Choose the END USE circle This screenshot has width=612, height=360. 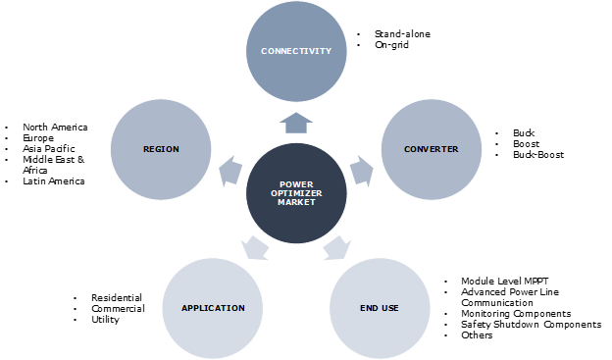(x=378, y=307)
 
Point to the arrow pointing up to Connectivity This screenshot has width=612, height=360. (x=297, y=122)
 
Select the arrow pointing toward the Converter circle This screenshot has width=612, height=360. (x=362, y=172)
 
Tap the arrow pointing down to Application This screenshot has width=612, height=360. (x=253, y=247)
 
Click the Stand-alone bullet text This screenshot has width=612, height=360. (x=401, y=34)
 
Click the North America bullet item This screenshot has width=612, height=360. (x=55, y=128)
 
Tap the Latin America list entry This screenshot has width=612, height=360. (x=54, y=181)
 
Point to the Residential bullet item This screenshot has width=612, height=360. (x=117, y=298)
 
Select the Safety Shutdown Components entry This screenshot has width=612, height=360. (x=531, y=325)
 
